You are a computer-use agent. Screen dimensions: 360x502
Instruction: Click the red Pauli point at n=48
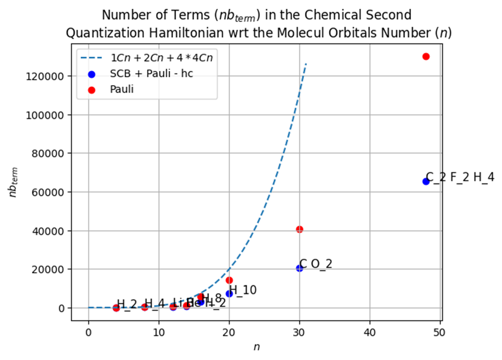pyautogui.click(x=426, y=57)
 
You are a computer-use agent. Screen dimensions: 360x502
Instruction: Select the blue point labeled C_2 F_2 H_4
pyautogui.click(x=426, y=181)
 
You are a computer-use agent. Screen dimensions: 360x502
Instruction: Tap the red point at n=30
pyautogui.click(x=299, y=229)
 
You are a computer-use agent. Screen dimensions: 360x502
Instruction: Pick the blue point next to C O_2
pyautogui.click(x=299, y=268)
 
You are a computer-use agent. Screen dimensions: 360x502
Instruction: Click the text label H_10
pyautogui.click(x=243, y=290)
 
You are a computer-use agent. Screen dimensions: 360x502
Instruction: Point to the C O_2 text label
pyautogui.click(x=316, y=264)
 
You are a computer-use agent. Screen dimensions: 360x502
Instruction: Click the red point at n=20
pyautogui.click(x=229, y=280)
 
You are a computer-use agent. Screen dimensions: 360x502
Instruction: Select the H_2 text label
pyautogui.click(x=127, y=304)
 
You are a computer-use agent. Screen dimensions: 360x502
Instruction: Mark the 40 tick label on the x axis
pyautogui.click(x=370, y=332)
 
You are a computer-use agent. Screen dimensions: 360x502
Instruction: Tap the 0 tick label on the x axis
pyautogui.click(x=89, y=332)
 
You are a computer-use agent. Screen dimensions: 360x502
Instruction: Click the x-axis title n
pyautogui.click(x=257, y=347)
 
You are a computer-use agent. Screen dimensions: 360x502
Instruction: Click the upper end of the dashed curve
pyautogui.click(x=306, y=64)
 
